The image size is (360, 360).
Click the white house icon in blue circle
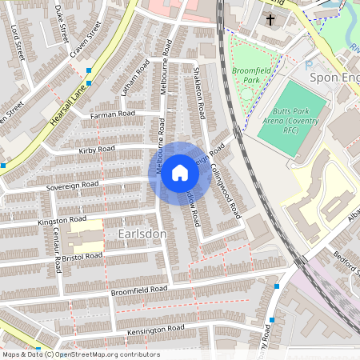coord(180,173)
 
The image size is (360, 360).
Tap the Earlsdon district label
coord(142,233)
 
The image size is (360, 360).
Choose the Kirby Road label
coord(97,150)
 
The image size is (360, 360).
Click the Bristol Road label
coord(83,256)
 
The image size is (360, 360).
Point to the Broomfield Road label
coord(140,290)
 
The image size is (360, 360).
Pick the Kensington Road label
coord(156,330)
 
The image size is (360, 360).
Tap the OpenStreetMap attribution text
coord(81,354)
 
